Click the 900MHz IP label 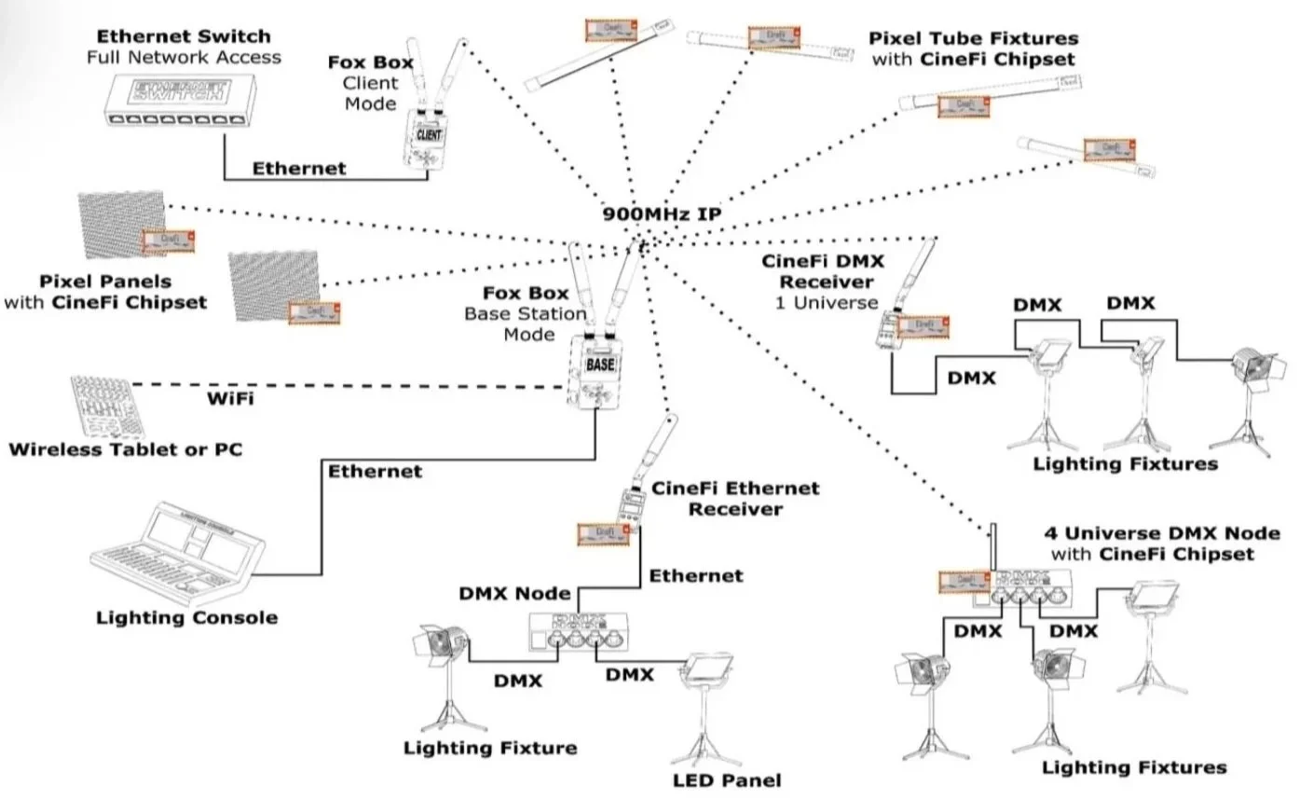click(662, 214)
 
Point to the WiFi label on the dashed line click(229, 399)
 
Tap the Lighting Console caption click(186, 617)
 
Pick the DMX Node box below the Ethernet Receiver click(579, 635)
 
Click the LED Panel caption click(727, 780)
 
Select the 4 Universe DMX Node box click(1029, 586)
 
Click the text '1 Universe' click(827, 303)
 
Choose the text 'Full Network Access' click(184, 57)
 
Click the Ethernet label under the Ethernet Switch click(298, 169)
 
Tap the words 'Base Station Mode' click(527, 324)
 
